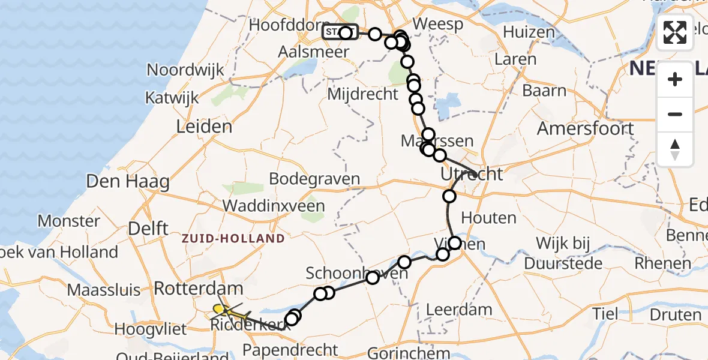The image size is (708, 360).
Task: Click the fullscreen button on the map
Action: tap(675, 32)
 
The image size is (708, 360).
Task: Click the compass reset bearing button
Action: tap(675, 149)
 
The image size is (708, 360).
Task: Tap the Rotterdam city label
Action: tap(198, 288)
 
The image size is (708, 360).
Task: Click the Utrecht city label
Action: tap(471, 175)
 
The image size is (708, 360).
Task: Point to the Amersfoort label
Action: tap(585, 128)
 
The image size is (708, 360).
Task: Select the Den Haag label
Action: tap(127, 181)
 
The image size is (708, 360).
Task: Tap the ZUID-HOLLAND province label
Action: tap(234, 239)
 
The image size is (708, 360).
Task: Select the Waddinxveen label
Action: tap(274, 206)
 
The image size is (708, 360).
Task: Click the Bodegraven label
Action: tap(314, 179)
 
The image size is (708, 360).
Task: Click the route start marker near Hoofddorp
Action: tap(340, 32)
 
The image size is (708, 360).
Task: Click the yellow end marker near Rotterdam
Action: tap(218, 309)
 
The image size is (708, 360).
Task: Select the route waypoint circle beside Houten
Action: tap(449, 196)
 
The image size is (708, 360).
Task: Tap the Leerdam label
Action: tap(459, 310)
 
